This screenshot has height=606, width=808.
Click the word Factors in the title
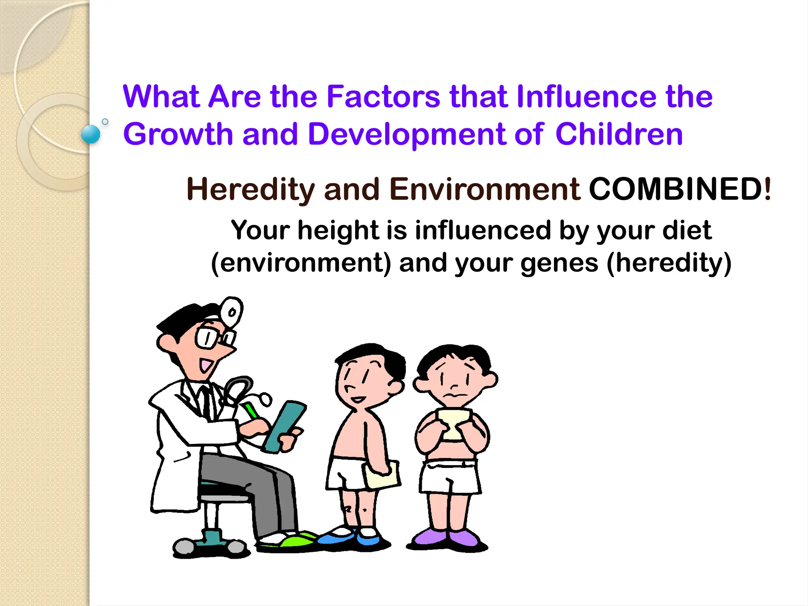(383, 97)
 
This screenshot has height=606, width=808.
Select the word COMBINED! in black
(679, 189)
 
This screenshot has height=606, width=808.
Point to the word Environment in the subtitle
(485, 189)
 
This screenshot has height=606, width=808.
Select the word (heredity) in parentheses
(669, 263)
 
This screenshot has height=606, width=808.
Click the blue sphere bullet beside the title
(91, 134)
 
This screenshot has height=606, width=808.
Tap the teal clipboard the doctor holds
(285, 426)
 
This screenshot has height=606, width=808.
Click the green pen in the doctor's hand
(251, 410)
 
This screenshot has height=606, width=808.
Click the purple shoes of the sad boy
(447, 538)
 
